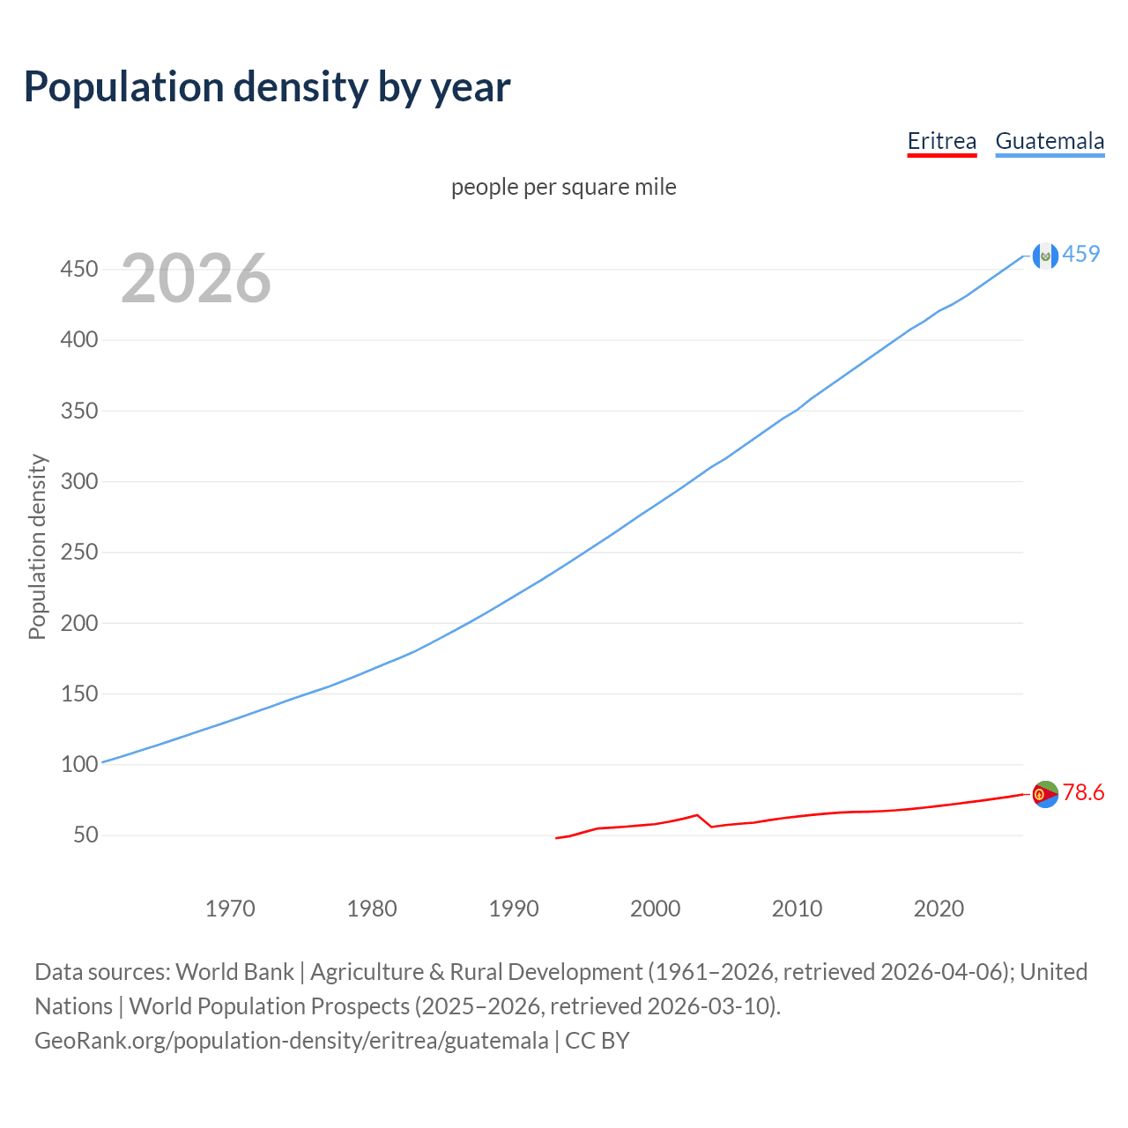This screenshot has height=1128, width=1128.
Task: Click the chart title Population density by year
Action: pyautogui.click(x=267, y=87)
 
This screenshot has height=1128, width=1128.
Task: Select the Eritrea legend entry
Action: pyautogui.click(x=942, y=141)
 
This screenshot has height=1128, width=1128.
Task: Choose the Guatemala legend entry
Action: pyautogui.click(x=1050, y=141)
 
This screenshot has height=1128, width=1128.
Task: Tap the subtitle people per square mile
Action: pyautogui.click(x=563, y=187)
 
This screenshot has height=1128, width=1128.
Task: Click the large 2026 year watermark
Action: pyautogui.click(x=196, y=278)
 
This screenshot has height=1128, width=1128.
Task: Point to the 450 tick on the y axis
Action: pyautogui.click(x=78, y=269)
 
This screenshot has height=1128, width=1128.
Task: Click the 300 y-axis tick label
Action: pyautogui.click(x=78, y=481)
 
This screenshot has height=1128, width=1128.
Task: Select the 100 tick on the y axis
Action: pyautogui.click(x=78, y=764)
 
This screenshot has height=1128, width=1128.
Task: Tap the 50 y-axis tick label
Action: pyautogui.click(x=85, y=835)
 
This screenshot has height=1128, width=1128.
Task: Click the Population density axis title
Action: pyautogui.click(x=37, y=546)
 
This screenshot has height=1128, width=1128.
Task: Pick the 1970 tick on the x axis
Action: pyautogui.click(x=230, y=909)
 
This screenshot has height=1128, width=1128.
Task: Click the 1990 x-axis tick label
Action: pyautogui.click(x=514, y=909)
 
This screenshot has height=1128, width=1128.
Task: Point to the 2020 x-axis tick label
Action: pyautogui.click(x=939, y=909)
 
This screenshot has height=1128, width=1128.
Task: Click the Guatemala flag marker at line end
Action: pyautogui.click(x=1045, y=256)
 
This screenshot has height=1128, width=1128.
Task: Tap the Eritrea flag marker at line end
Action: pyautogui.click(x=1045, y=794)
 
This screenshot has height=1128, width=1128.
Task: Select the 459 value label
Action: pyautogui.click(x=1081, y=254)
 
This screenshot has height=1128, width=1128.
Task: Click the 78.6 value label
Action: pyautogui.click(x=1083, y=793)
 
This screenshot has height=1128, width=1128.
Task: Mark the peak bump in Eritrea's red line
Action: pyautogui.click(x=697, y=815)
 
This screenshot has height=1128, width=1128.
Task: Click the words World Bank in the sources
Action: pyautogui.click(x=234, y=972)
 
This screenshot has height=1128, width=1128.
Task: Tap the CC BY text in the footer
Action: pyautogui.click(x=597, y=1041)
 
